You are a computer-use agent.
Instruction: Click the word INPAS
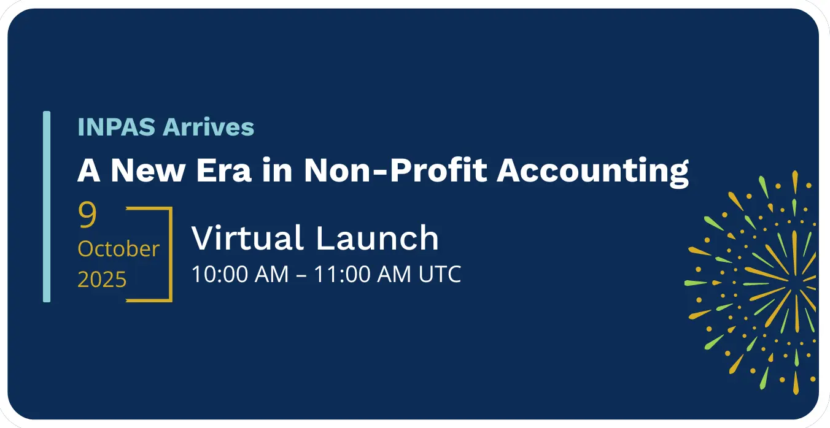pos(117,127)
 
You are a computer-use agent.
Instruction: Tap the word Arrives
pos(209,127)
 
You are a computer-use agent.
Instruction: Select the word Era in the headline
pos(224,170)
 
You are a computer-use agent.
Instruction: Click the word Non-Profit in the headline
pos(395,170)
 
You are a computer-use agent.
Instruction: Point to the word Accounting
pos(593,172)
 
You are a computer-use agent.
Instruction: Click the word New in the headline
pos(148,170)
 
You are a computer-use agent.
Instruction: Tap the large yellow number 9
pos(87,215)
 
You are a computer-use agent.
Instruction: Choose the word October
pos(118,249)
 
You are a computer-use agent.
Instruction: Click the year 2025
pos(102,279)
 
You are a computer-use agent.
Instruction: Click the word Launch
pos(377,238)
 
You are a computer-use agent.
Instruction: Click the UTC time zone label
pos(440,274)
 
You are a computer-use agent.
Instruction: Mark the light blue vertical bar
pos(47,207)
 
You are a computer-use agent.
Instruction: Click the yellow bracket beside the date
pos(171,254)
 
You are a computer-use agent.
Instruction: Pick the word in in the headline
pos(277,170)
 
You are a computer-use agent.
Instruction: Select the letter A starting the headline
pos(89,170)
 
